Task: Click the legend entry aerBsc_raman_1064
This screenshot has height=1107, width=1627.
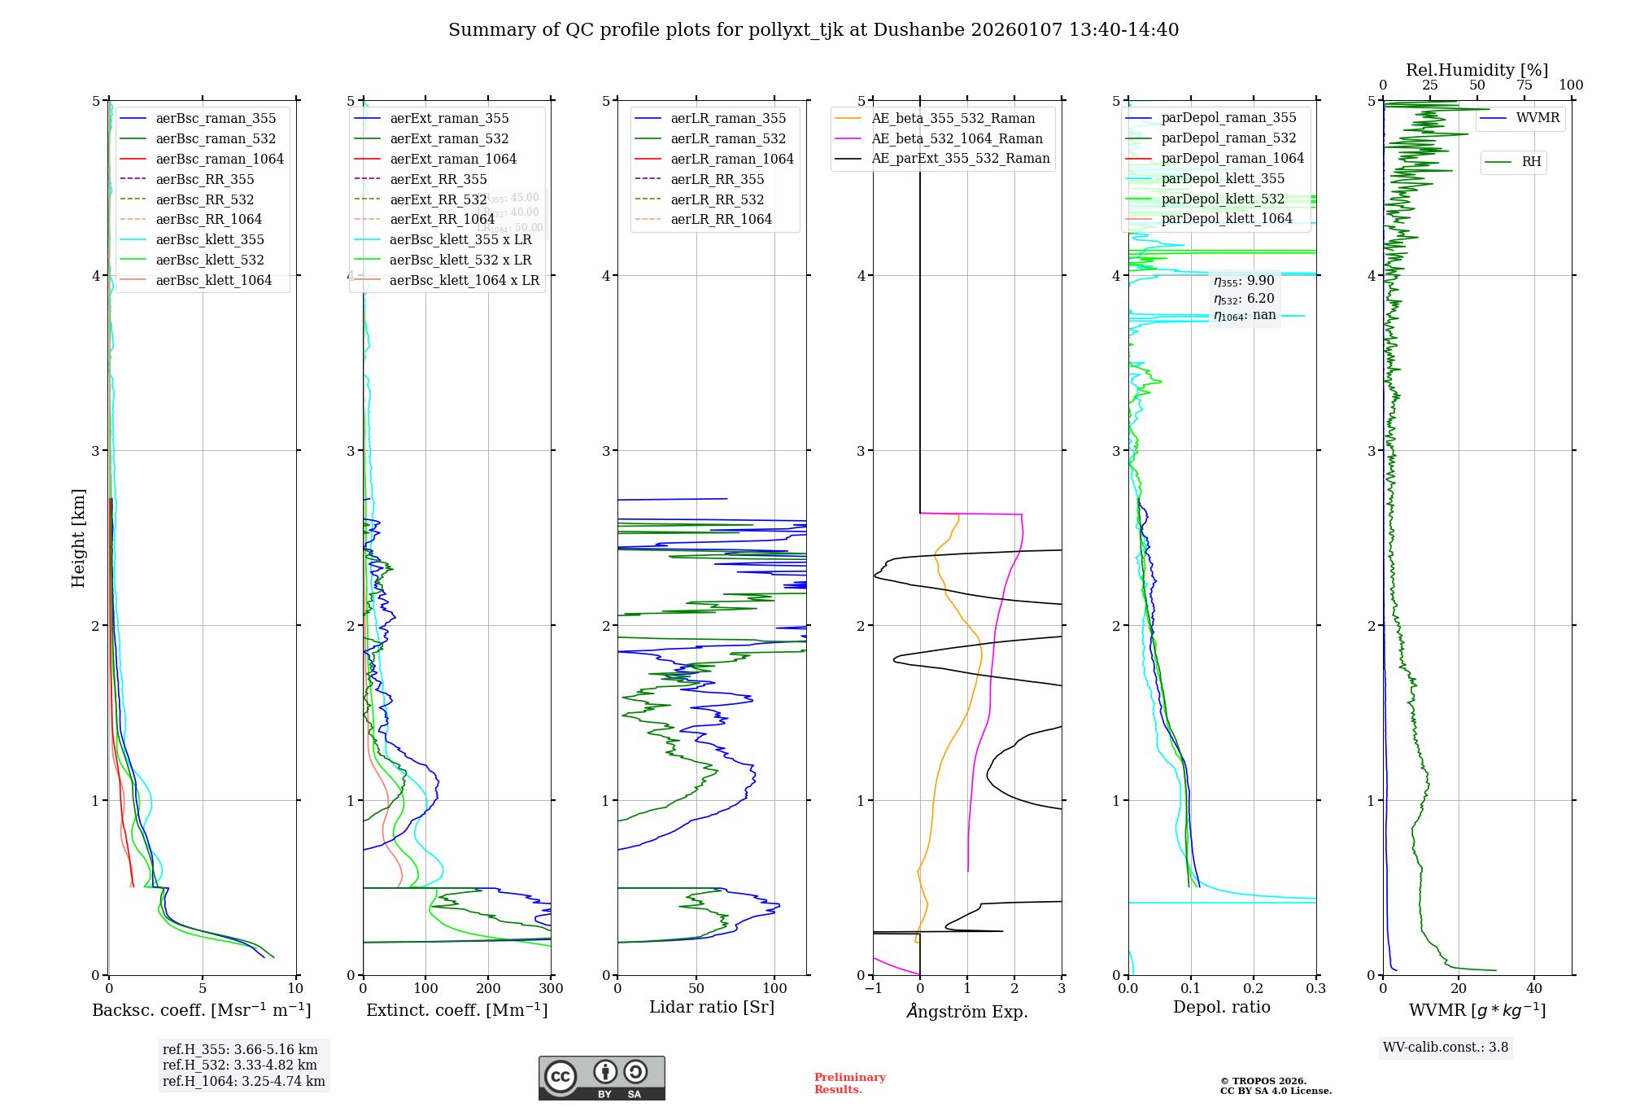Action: pos(219,159)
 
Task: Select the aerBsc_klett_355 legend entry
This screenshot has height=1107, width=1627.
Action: pos(209,239)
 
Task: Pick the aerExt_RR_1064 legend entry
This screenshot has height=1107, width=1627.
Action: pos(442,219)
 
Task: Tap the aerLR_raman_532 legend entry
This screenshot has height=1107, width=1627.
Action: pos(727,138)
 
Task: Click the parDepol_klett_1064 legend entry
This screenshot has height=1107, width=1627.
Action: pos(1226,218)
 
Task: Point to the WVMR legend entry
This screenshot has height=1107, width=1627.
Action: pos(1538,118)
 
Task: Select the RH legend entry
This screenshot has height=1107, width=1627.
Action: pos(1531,162)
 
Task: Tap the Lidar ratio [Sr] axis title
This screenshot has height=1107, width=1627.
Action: pos(712,1007)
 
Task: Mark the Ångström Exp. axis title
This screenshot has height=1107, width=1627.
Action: pos(967,1011)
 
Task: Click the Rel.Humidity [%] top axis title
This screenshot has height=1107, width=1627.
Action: pos(1477,70)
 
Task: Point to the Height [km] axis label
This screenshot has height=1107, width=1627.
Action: pos(78,537)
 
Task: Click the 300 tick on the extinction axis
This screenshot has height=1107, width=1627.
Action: pos(551,988)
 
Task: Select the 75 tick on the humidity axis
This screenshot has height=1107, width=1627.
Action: pos(1524,85)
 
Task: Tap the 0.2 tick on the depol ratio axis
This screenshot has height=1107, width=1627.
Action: pos(1254,988)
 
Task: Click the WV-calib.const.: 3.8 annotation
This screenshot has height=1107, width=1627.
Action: pos(1446,1048)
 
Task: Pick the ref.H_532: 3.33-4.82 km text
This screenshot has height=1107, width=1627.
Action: pos(239,1065)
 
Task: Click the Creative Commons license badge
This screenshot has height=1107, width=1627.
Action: pos(601,1079)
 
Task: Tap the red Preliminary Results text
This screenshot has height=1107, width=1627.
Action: pos(849,1083)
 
